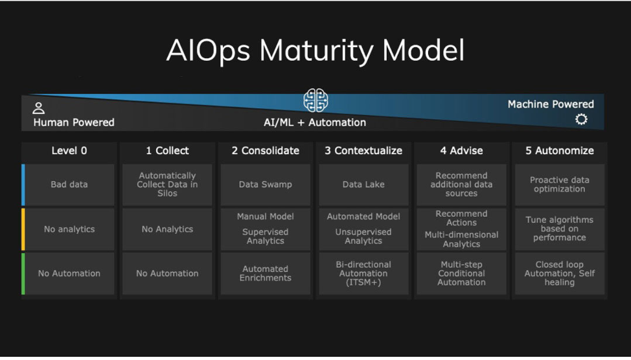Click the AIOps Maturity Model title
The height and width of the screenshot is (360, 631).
[x=315, y=51]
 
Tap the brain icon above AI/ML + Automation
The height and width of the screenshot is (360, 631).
[x=315, y=100]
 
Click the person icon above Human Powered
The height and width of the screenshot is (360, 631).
[x=39, y=108]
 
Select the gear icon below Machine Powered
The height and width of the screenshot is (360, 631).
[x=581, y=119]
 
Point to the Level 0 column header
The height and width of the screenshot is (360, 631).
[x=69, y=151]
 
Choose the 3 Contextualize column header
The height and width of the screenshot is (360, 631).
[x=363, y=151]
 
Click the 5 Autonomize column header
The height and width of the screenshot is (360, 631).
[x=559, y=151]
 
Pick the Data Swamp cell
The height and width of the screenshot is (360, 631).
[x=265, y=185]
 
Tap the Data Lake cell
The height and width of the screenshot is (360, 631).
[x=363, y=185]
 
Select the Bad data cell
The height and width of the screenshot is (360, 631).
[x=69, y=185]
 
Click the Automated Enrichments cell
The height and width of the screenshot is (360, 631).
[x=265, y=273]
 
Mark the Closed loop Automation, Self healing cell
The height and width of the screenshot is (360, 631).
[x=559, y=273]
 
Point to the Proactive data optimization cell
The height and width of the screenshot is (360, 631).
[x=559, y=185]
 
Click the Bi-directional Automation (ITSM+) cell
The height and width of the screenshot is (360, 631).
[x=363, y=273]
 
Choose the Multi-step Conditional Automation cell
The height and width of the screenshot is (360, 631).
[x=461, y=273]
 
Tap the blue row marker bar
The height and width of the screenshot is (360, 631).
[x=23, y=185]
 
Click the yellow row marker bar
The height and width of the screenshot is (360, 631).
[x=23, y=229]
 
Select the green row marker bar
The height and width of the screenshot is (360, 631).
[x=23, y=273]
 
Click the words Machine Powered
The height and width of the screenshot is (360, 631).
[x=550, y=104]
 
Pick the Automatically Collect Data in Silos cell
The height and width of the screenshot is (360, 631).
[x=167, y=185]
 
